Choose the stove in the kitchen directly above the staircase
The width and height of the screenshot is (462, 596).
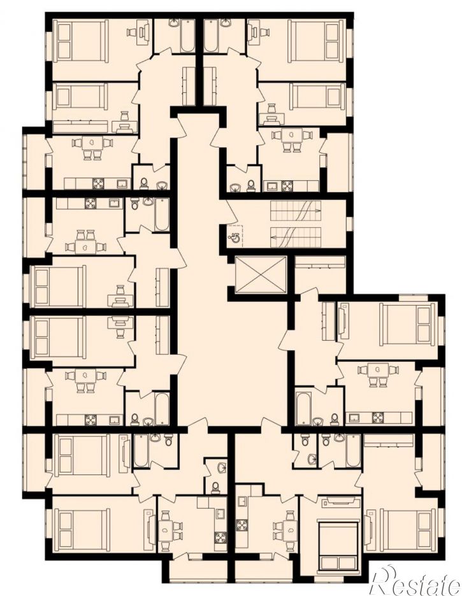(x=285, y=186)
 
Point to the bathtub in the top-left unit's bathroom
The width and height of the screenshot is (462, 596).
(x=187, y=36)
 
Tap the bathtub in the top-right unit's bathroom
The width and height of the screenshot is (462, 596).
(x=211, y=36)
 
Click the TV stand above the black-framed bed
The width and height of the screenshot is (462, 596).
(x=341, y=502)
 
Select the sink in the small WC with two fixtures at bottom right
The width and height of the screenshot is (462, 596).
(x=312, y=459)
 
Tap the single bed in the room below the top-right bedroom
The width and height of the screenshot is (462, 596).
(x=317, y=96)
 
